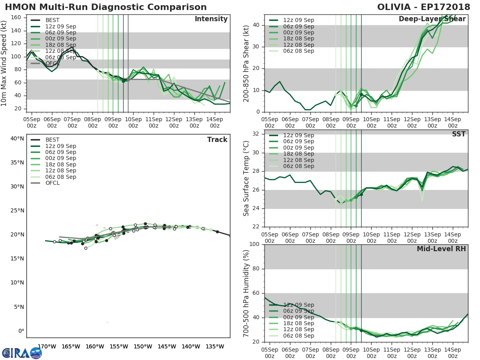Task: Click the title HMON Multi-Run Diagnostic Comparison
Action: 106,7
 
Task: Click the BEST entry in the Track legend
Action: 53,140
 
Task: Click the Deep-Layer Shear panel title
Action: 432,19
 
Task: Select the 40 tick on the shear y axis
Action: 257,25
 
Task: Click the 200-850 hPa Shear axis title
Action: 246,63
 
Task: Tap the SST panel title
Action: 459,134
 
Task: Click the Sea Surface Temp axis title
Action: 246,178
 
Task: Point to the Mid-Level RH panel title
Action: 441,249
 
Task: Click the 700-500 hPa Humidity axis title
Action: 246,293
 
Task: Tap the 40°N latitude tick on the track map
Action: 17,139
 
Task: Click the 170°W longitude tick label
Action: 46,346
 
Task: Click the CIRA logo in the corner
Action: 22,353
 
